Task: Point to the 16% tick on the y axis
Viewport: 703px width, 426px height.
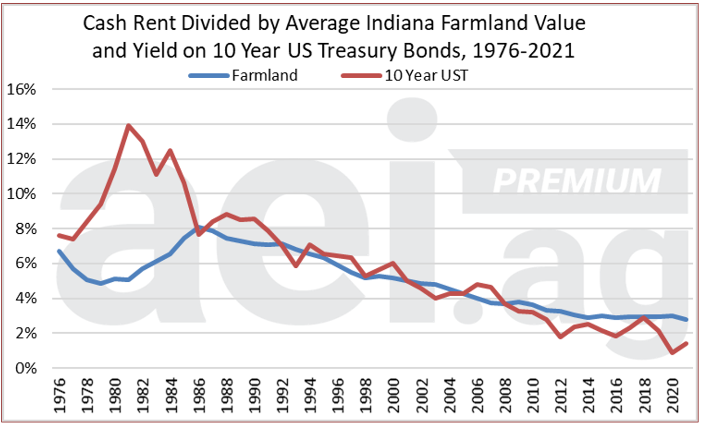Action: coord(21,89)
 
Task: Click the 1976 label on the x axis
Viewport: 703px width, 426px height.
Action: coord(59,395)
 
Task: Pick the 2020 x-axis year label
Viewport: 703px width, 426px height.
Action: coord(672,395)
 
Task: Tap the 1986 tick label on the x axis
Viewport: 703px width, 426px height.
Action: coord(199,395)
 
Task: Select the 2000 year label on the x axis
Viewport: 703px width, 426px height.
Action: coord(394,395)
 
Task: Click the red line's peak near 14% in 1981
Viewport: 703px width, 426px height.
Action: coord(129,125)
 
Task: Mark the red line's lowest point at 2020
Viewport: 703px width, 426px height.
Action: coord(672,353)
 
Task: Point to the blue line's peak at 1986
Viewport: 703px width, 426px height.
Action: coord(199,227)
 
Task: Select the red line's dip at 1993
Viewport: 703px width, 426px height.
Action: coord(296,266)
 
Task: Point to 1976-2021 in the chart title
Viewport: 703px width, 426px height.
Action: coord(524,50)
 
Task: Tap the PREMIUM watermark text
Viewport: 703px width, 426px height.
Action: coord(577,181)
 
